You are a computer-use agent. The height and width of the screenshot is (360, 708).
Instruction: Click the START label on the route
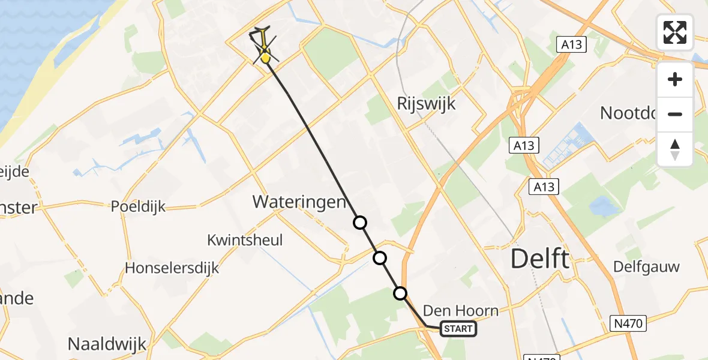459,328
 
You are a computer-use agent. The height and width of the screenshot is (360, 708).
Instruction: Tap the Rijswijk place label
426,103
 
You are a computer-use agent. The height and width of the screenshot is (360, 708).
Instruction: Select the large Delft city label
539,259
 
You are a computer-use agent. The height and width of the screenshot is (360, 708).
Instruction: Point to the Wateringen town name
299,202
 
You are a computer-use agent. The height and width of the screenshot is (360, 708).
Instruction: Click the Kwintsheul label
245,240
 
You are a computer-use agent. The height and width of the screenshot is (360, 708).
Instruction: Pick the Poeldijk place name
138,206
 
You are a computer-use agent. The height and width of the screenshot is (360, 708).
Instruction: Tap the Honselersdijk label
172,268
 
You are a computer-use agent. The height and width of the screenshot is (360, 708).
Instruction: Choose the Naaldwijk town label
107,344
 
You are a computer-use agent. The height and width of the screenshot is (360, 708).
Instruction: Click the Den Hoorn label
461,310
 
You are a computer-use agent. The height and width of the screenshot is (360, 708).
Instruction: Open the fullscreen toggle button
675,32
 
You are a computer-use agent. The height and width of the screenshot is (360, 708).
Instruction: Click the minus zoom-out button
675,114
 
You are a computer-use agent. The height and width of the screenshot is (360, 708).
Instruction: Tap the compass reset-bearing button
675,149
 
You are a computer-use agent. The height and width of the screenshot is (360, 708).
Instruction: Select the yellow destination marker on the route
265,58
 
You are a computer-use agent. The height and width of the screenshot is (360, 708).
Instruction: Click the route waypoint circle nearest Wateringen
359,223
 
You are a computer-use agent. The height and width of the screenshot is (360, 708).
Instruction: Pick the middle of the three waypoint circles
380,258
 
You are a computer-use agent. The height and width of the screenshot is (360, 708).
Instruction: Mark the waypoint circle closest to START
400,293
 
